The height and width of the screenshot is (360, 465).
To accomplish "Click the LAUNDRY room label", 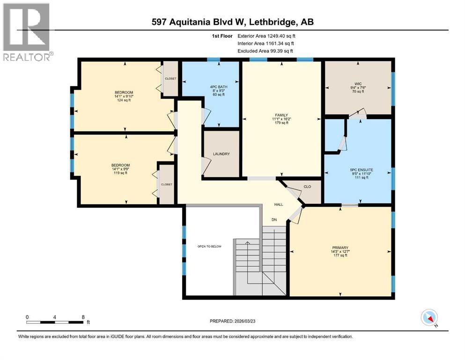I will tap(221, 154).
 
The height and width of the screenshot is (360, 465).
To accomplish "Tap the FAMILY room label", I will tap(281, 115).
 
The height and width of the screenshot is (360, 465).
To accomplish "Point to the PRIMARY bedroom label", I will tap(340, 247).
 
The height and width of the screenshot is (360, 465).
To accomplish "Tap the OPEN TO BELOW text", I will tap(209, 246).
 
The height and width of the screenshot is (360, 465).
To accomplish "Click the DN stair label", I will tap(275, 219).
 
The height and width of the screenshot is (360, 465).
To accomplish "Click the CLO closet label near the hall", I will tap(307, 187).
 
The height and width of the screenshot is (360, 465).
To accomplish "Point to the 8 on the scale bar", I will tap(83, 317).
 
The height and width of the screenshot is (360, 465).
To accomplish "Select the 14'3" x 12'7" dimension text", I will tap(340, 252).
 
